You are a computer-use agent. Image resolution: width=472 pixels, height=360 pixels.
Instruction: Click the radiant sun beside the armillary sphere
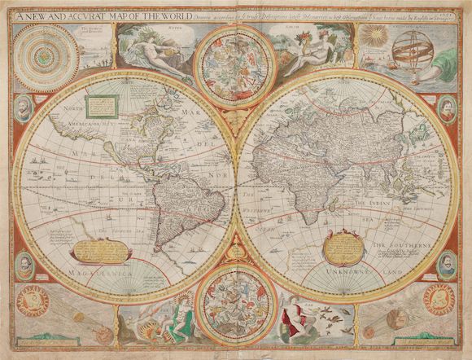[x=374, y=37]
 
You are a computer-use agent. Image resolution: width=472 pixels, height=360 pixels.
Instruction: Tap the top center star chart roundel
[x=235, y=66]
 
